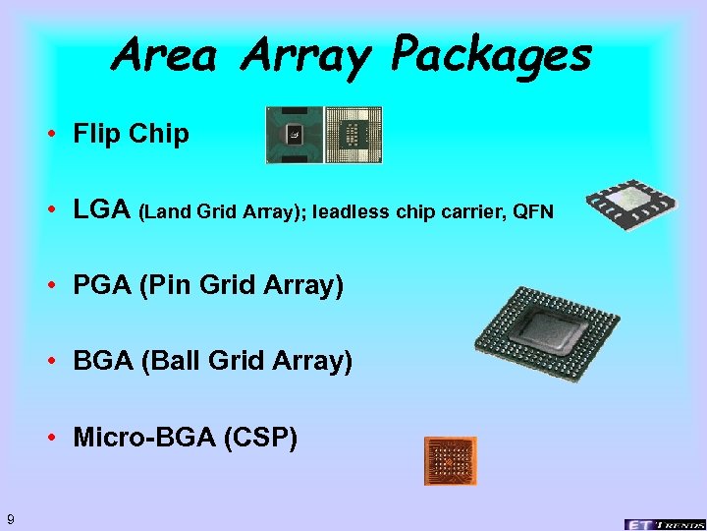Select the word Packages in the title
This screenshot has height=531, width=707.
[x=490, y=57]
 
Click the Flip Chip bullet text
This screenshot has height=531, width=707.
[x=131, y=134]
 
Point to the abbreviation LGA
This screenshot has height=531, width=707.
[x=102, y=209]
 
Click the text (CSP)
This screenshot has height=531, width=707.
[x=261, y=437]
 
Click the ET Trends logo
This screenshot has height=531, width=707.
[x=664, y=523]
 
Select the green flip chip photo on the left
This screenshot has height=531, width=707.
[x=294, y=135]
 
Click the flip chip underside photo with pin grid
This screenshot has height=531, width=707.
[x=353, y=135]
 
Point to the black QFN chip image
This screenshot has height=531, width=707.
[x=630, y=204]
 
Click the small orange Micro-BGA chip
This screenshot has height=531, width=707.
[x=450, y=460]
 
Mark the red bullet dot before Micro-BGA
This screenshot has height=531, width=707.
[x=58, y=437]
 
